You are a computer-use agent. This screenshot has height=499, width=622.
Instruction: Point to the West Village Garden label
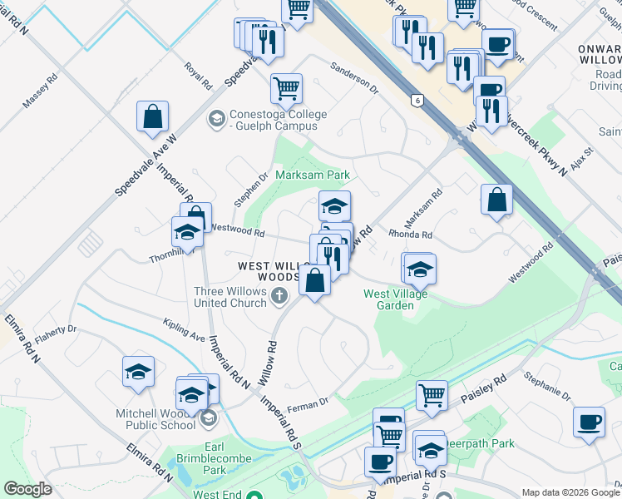[395, 299]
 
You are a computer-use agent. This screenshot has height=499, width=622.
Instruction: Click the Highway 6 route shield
[416, 100]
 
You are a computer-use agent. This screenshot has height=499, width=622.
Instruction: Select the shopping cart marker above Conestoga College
[286, 87]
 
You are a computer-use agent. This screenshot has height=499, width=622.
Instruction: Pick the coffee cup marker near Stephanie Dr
[590, 421]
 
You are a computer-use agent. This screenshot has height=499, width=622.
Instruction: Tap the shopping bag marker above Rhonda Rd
[496, 200]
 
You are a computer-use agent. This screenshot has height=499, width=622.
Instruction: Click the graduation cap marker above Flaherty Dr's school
[139, 372]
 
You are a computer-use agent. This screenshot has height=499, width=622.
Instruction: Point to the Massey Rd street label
[39, 92]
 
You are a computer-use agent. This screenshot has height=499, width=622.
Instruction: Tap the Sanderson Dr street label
[354, 77]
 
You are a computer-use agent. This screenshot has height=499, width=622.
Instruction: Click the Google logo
[27, 489]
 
